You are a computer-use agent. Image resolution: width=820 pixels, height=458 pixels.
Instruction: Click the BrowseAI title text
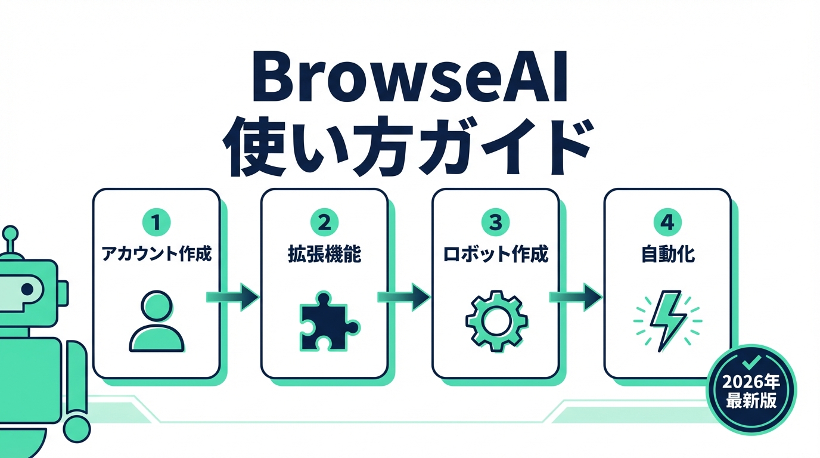(x=409, y=79)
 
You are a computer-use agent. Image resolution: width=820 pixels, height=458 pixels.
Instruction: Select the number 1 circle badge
(x=157, y=223)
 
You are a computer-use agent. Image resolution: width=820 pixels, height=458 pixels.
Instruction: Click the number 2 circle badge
(x=325, y=223)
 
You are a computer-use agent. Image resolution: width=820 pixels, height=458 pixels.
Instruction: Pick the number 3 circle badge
(x=496, y=223)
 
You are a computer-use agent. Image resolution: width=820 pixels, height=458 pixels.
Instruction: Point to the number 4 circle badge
(x=667, y=223)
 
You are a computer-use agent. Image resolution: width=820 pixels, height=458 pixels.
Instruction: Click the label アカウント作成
(x=157, y=255)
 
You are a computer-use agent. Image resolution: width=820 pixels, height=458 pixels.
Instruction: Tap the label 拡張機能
(x=325, y=255)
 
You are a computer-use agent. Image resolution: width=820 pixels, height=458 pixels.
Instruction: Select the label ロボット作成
(x=496, y=255)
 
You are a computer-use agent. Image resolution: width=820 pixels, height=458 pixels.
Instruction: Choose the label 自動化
(x=667, y=255)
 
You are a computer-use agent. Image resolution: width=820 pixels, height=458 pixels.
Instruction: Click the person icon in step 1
(x=156, y=320)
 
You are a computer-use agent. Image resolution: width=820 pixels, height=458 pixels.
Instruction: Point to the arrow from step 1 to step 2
(x=233, y=296)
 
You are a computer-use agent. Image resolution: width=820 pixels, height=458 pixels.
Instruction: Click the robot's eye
(x=26, y=289)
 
